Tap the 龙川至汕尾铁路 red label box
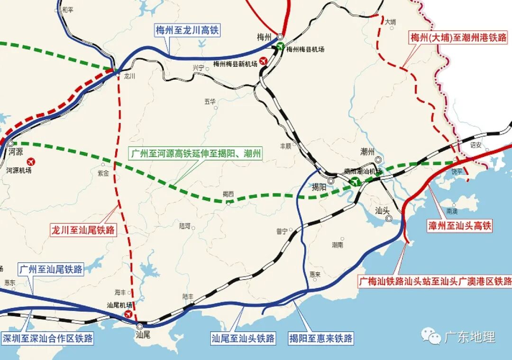tap(83, 231)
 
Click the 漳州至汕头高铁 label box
tap(459, 226)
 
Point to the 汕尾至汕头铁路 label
tap(243, 338)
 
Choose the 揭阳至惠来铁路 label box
tap(321, 338)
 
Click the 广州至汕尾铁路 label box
tap(51, 269)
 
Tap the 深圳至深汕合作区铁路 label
tap(47, 338)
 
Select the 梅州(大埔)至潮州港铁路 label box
tap(458, 37)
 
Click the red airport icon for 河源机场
tap(32, 161)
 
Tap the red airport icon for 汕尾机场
tap(128, 314)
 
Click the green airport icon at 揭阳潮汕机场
tap(355, 181)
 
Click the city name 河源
tap(16, 152)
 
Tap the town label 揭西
tap(228, 194)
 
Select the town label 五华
tap(210, 101)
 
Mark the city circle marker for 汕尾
tap(140, 326)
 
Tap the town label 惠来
tap(315, 274)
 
